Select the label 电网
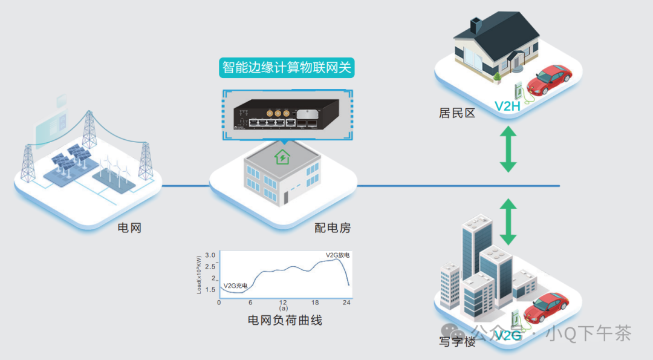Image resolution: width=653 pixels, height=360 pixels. point(129,229)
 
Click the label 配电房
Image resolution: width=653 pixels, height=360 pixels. point(332,228)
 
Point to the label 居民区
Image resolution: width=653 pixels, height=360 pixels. point(457,113)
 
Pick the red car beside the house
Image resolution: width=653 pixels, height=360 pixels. point(550,79)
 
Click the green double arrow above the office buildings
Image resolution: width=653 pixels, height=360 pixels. point(508,221)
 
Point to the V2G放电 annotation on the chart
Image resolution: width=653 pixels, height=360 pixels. point(337,255)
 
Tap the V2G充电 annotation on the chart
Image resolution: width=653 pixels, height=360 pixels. point(236,286)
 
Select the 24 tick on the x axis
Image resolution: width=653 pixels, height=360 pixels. point(347,302)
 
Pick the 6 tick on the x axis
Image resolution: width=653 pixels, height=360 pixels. point(250,302)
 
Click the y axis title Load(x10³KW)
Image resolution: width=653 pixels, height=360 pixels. point(200,275)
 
